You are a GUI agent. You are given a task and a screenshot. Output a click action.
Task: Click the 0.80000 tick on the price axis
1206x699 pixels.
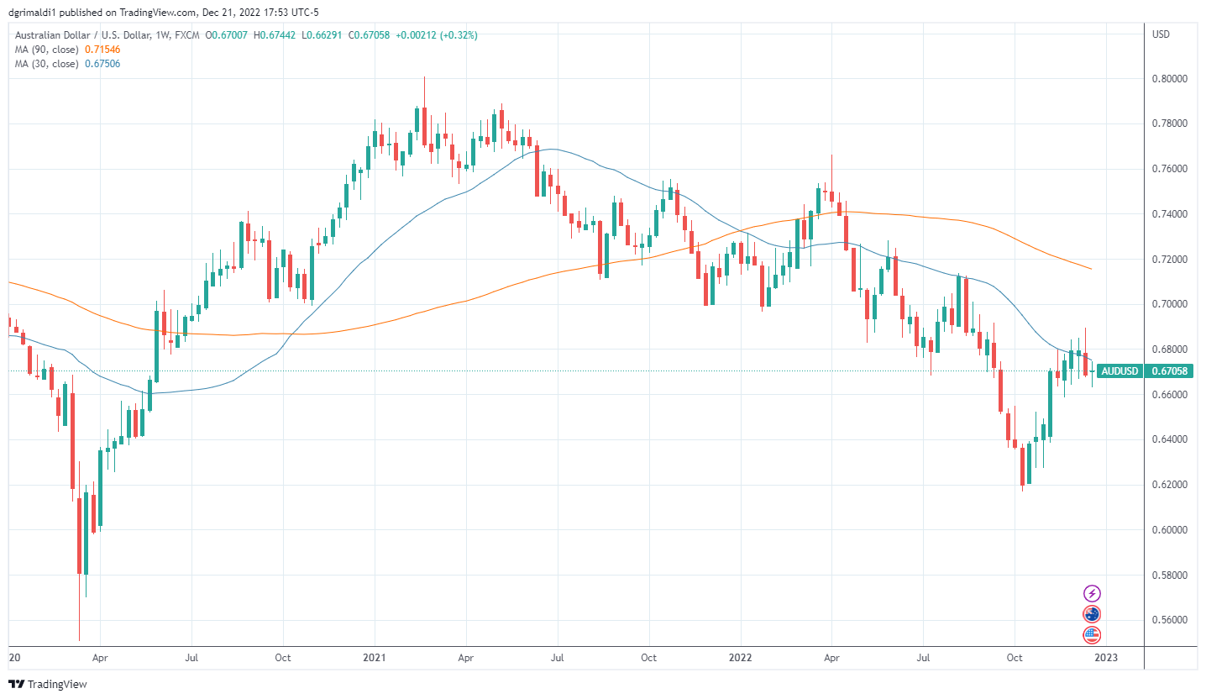[x=1169, y=78]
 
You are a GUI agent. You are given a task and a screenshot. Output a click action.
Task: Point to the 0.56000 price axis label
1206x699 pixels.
[x=1169, y=620]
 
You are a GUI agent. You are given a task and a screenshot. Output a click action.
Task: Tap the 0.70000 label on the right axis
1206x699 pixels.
[x=1169, y=303]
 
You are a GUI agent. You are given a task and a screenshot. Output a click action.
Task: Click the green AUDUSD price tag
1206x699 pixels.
[x=1119, y=371]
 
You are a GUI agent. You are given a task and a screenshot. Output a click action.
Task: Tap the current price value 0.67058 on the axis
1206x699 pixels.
[x=1169, y=371]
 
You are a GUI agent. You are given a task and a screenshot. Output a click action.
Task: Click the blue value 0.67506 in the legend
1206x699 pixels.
[x=102, y=64]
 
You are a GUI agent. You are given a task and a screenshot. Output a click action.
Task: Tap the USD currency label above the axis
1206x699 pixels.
[x=1161, y=34]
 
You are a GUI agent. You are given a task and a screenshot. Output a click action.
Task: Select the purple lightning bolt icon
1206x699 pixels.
[x=1092, y=593]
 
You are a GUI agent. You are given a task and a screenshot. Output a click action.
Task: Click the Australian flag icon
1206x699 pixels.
[x=1092, y=614]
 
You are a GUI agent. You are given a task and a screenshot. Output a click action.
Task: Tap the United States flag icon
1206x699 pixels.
[x=1092, y=634]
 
